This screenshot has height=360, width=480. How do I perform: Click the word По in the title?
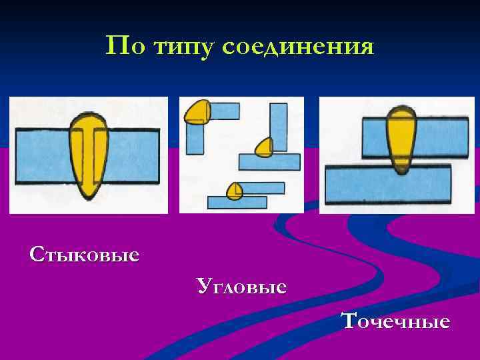click(x=123, y=46)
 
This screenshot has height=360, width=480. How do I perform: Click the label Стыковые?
click(x=84, y=254)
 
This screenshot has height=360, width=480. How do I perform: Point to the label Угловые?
click(x=242, y=287)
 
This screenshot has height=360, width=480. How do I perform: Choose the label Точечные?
click(x=396, y=321)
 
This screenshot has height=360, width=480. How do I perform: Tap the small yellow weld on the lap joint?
click(x=234, y=191)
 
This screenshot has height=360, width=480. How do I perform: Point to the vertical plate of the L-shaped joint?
click(x=195, y=138)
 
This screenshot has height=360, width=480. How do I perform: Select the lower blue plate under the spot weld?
click(x=387, y=185)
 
